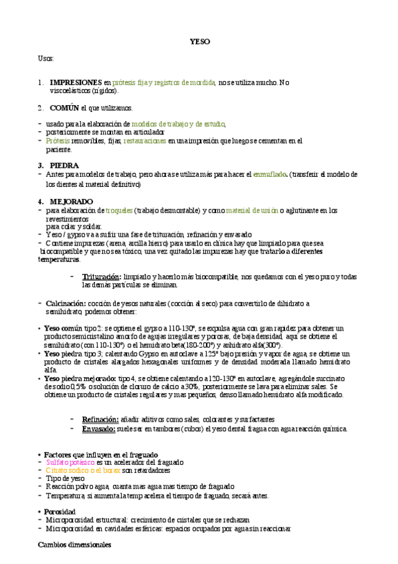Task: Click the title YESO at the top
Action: click(x=199, y=41)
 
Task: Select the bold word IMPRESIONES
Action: click(x=76, y=82)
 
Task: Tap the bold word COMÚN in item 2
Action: click(x=64, y=108)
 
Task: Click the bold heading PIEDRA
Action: click(x=64, y=165)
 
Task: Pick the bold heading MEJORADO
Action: click(x=71, y=202)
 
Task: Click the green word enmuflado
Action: click(x=270, y=174)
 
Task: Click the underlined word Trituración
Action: click(x=101, y=276)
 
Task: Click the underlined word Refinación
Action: click(x=100, y=419)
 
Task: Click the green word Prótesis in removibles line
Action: click(x=57, y=141)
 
